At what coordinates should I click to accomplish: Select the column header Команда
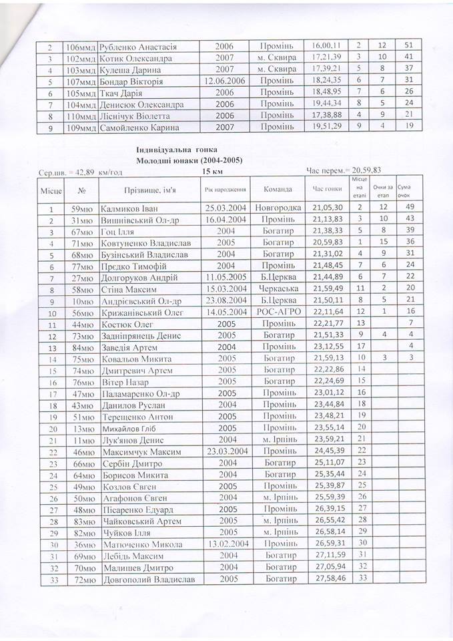click(x=277, y=189)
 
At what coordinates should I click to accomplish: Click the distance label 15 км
click(x=211, y=172)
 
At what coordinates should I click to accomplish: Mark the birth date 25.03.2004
click(x=227, y=208)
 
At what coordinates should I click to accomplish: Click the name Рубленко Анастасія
click(x=137, y=47)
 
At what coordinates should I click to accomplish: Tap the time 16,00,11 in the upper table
click(x=326, y=45)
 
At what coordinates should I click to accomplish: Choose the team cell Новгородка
click(x=278, y=208)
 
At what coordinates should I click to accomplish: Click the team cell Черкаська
click(x=278, y=289)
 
